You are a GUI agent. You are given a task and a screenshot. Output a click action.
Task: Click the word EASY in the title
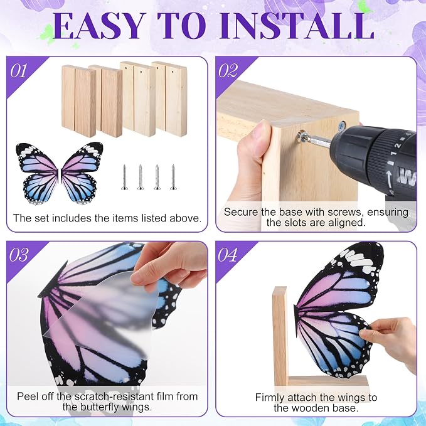click(98, 26)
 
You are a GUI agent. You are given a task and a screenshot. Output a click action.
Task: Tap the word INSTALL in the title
click(297, 26)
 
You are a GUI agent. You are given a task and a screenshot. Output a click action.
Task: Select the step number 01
click(18, 71)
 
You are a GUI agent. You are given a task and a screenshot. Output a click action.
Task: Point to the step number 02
click(228, 71)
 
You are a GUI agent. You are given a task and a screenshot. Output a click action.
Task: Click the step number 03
click(19, 255)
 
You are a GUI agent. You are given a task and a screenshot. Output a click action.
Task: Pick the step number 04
click(228, 255)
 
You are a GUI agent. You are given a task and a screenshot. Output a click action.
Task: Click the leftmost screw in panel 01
click(124, 177)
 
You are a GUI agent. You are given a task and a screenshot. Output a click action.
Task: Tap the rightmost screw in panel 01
click(173, 177)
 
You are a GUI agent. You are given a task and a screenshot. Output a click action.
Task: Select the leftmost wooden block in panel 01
click(79, 101)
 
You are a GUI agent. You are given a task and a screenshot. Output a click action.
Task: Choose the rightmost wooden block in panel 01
click(169, 99)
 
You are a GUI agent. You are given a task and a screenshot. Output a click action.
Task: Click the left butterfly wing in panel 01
click(38, 173)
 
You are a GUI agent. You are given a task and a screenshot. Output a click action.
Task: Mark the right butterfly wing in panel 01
click(81, 173)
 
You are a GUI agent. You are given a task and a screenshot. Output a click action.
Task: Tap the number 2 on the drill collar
click(398, 146)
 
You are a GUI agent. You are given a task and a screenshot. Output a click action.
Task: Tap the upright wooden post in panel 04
click(280, 336)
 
